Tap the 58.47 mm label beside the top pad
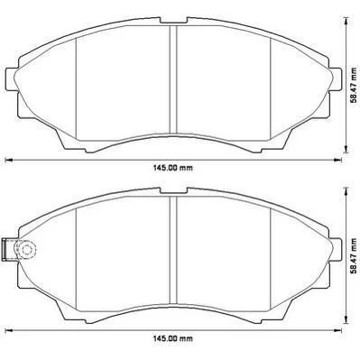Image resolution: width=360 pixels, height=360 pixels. click(x=355, y=86)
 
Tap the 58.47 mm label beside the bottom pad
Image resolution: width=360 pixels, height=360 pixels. click(x=355, y=256)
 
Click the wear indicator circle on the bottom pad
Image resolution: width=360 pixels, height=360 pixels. click(x=26, y=249)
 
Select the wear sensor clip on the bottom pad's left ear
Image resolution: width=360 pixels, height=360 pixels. click(x=5, y=249)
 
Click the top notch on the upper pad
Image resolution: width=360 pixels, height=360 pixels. click(x=174, y=21)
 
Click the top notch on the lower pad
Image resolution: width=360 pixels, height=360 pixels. click(x=174, y=191)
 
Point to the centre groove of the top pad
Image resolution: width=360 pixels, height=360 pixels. click(x=173, y=79)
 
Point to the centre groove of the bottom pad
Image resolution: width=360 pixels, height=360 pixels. click(x=173, y=250)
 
